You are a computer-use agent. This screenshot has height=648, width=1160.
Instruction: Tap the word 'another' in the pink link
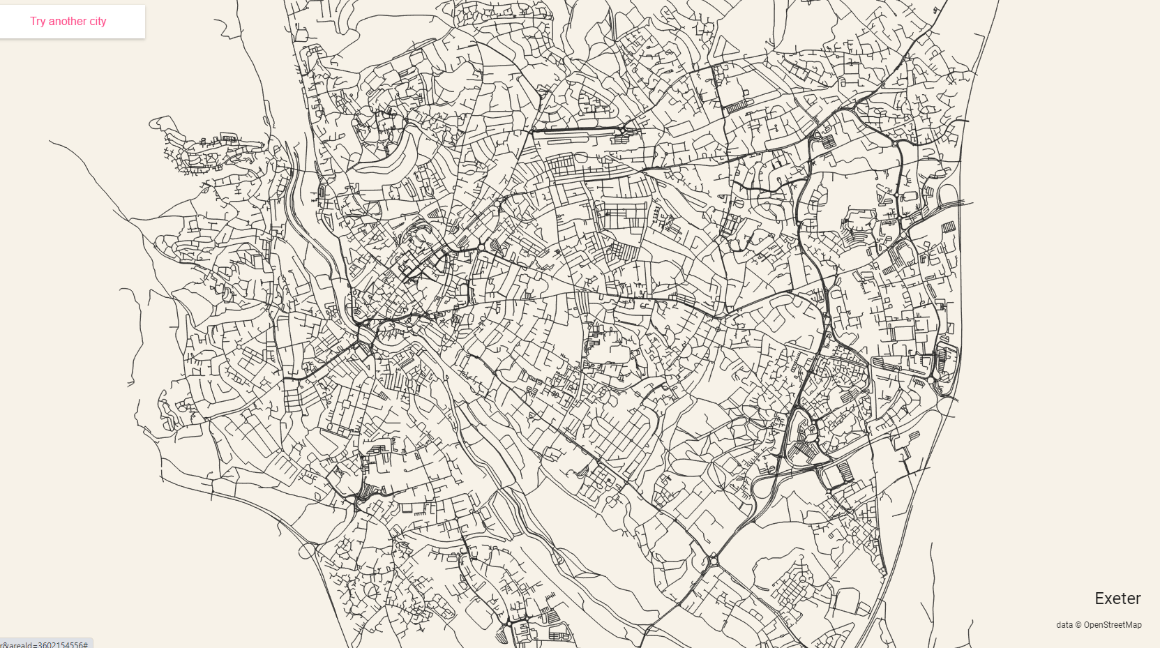[x=68, y=22]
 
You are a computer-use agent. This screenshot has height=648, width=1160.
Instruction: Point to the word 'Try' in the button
[x=38, y=22]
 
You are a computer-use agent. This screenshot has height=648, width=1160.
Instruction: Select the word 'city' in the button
[x=98, y=22]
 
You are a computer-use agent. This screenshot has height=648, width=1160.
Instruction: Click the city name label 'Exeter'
[x=1117, y=598]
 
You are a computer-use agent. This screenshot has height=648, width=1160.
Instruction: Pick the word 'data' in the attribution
[x=1064, y=625]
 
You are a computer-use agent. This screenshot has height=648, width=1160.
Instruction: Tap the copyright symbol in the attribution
[x=1078, y=625]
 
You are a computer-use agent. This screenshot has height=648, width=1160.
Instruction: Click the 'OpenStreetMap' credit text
[x=1113, y=625]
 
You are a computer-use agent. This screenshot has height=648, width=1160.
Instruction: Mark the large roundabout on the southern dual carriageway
[x=713, y=560]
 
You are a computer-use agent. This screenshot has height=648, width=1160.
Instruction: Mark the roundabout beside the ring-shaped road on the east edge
[x=931, y=380]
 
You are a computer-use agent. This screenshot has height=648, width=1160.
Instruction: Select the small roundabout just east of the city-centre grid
[x=481, y=247]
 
